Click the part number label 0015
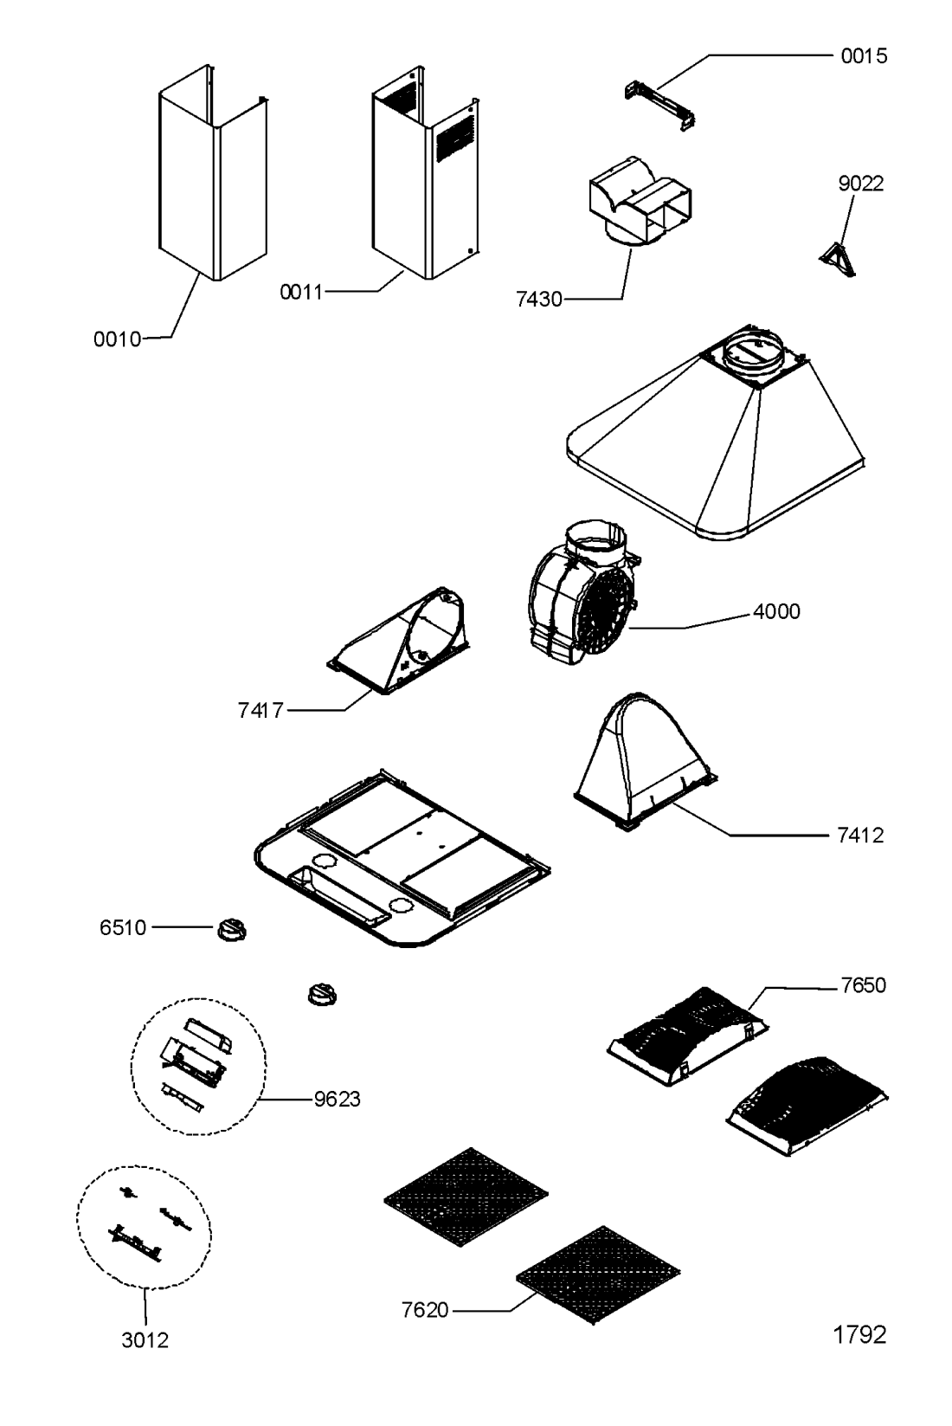(864, 56)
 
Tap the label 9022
(860, 184)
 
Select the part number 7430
(539, 300)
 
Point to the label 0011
(302, 292)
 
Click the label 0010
(117, 339)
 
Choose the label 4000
(776, 611)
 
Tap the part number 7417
(261, 710)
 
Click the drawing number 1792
(859, 1333)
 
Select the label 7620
(425, 1309)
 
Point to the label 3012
(145, 1340)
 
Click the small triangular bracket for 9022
(837, 261)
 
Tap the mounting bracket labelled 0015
(659, 105)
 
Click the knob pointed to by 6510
(232, 930)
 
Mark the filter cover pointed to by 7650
(687, 1036)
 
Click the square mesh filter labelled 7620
(597, 1274)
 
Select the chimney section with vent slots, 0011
(425, 172)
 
